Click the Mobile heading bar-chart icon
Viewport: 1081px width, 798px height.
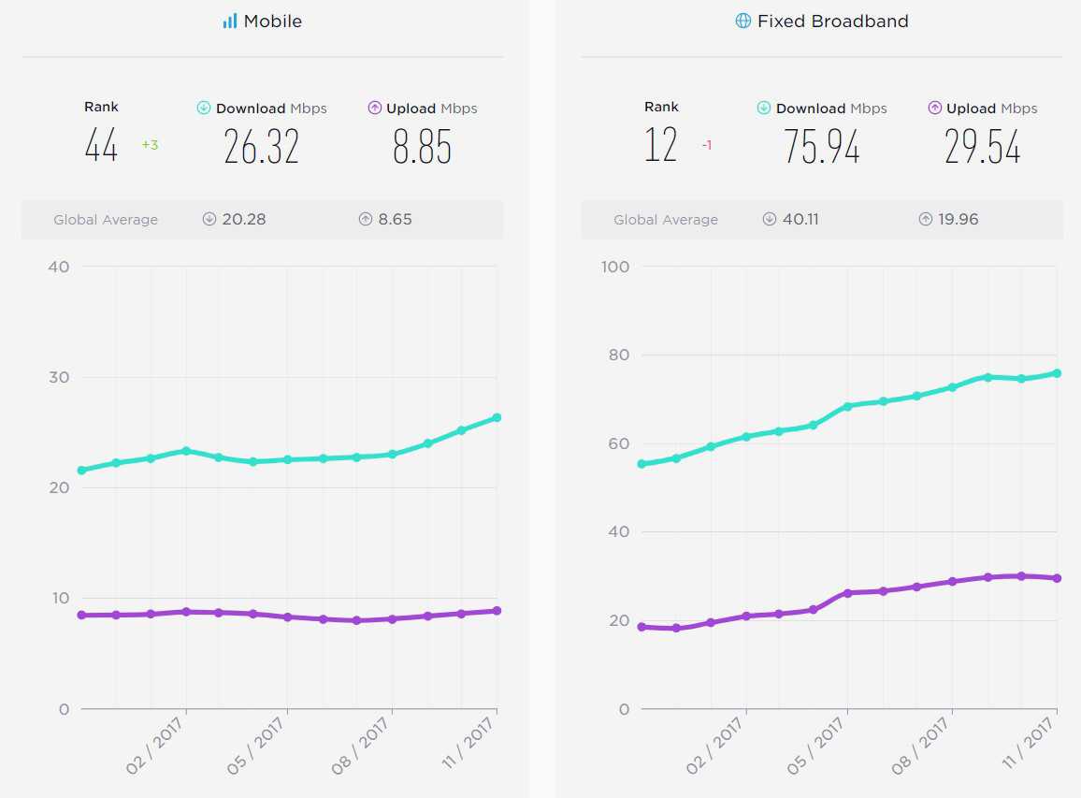click(x=230, y=21)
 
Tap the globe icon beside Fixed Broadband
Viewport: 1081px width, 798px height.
click(x=742, y=21)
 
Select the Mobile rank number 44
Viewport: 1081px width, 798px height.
click(x=101, y=147)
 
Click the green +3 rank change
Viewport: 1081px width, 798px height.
click(x=150, y=145)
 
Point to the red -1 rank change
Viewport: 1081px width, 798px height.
click(x=707, y=145)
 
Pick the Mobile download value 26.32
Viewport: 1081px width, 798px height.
click(x=261, y=147)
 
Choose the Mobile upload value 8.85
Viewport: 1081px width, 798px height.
click(x=422, y=147)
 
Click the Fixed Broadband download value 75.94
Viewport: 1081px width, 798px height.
click(x=821, y=147)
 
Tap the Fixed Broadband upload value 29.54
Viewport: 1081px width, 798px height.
click(x=982, y=147)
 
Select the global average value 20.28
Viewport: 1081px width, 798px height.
click(x=243, y=220)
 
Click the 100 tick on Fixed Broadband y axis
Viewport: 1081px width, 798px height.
click(x=615, y=267)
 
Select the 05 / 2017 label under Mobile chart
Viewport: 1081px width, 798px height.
click(x=255, y=746)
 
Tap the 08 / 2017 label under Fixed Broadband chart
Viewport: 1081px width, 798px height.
click(x=920, y=746)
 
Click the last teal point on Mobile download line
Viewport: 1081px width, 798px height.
click(x=497, y=417)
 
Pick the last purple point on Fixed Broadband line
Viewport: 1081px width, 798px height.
click(x=1057, y=578)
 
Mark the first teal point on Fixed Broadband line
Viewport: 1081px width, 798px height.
click(x=641, y=464)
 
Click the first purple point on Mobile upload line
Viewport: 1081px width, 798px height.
click(x=82, y=616)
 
